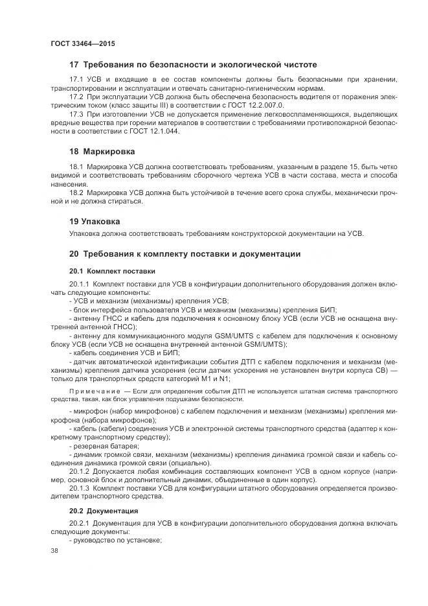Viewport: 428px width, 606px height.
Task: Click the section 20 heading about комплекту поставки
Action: click(185, 253)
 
